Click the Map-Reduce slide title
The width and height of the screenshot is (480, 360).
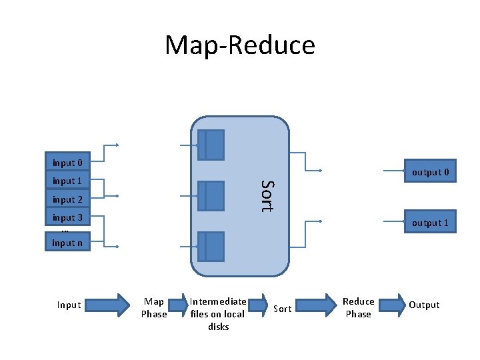tap(240, 45)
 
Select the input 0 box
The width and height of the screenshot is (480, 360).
tap(67, 163)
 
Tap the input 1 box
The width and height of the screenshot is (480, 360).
tap(67, 181)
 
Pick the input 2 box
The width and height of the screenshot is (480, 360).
tap(67, 199)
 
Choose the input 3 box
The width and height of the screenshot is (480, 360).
tap(67, 217)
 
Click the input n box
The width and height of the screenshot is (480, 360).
tap(67, 243)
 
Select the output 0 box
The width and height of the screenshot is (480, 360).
tap(430, 172)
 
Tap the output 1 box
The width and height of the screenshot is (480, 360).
tap(430, 223)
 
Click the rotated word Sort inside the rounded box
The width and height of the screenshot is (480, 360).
tap(267, 196)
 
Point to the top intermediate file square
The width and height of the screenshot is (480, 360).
tap(211, 145)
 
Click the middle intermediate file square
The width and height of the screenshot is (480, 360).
tap(211, 195)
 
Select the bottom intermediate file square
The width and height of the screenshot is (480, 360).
tap(211, 246)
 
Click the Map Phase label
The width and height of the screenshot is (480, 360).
tap(154, 308)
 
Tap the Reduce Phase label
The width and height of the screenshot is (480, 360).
tap(359, 307)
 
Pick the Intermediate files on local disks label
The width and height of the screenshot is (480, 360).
tap(219, 314)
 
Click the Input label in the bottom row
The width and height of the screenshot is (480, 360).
tap(69, 305)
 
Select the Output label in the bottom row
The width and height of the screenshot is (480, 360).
tap(424, 305)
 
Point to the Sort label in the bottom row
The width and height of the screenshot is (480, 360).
tap(283, 308)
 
